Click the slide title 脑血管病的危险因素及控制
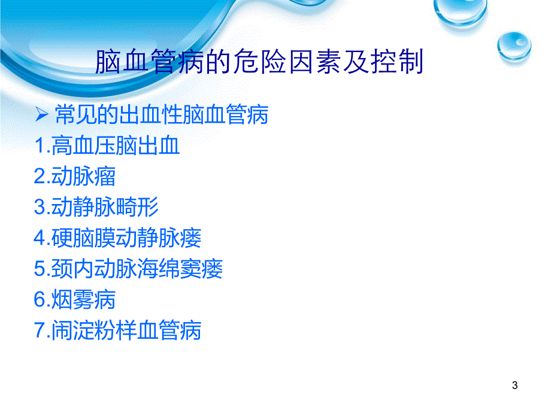pos(259,62)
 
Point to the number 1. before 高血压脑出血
pos(42,145)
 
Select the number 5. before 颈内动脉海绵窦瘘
pos(42,269)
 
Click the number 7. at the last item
pos(42,331)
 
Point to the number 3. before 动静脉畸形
pos(42,207)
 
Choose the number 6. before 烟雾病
pos(42,300)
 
